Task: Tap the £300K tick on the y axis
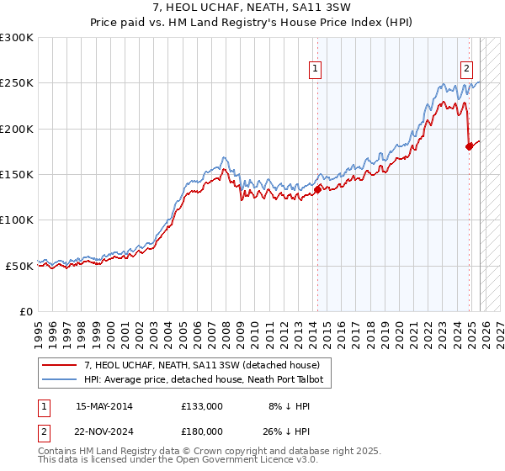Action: pos(17,38)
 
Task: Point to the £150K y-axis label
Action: pos(17,174)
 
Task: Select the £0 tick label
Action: pos(25,311)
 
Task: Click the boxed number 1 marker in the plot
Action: pos(315,70)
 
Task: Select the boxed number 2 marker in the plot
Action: pos(466,70)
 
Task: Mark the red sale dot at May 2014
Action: pos(317,190)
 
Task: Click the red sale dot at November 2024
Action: pos(469,147)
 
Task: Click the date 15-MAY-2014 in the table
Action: pos(104,406)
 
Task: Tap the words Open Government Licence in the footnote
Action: pos(231,461)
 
